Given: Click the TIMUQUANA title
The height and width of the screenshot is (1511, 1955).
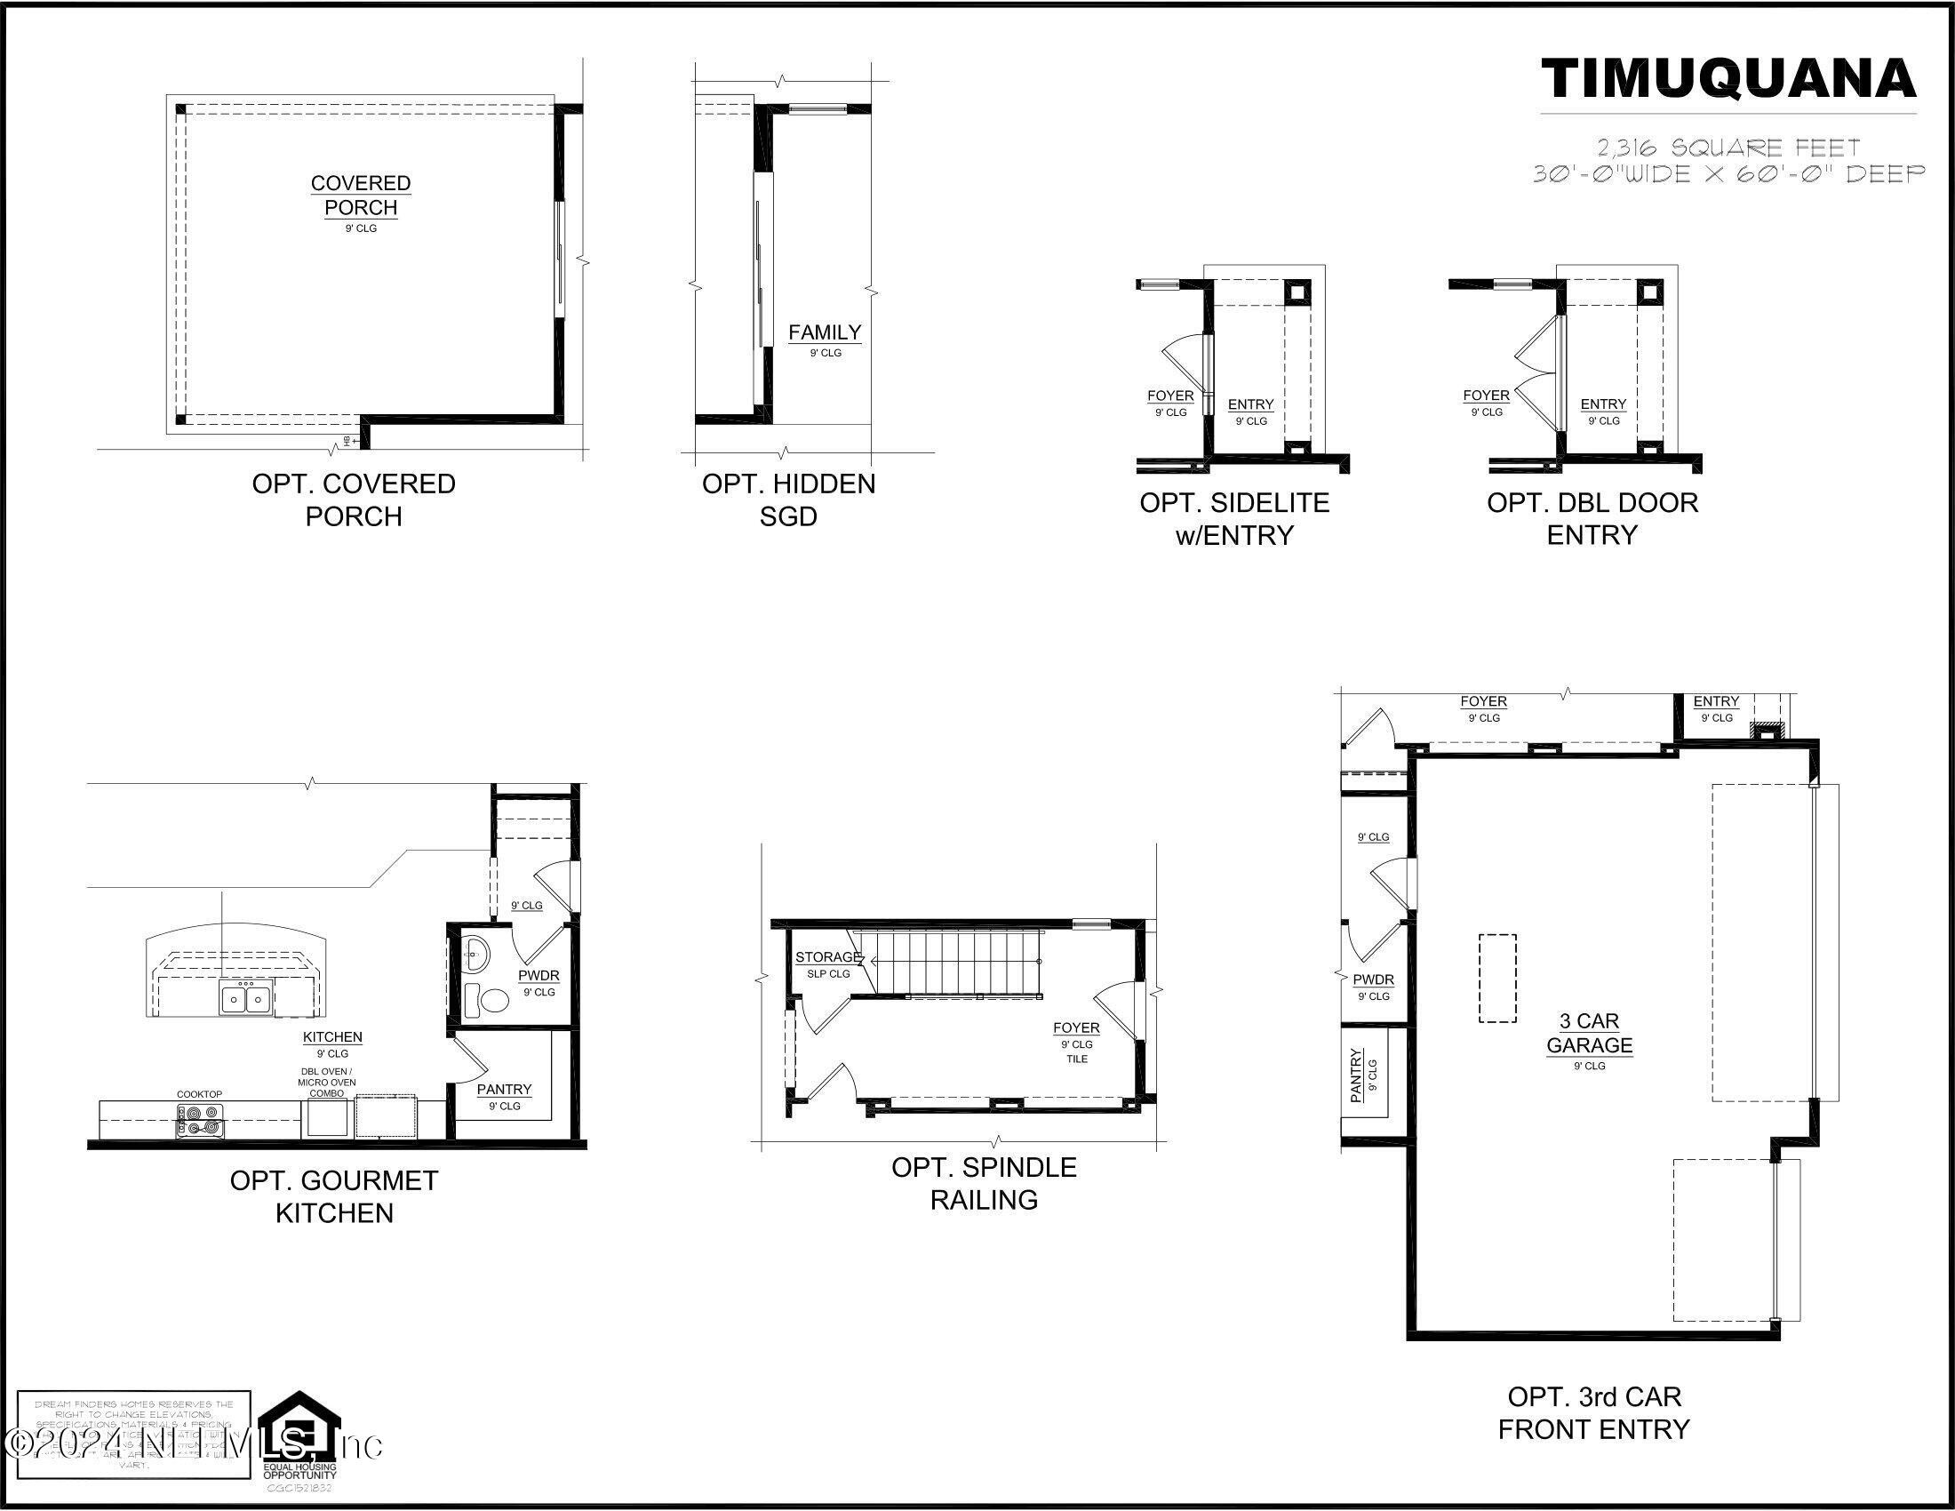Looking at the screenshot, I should click(x=1728, y=79).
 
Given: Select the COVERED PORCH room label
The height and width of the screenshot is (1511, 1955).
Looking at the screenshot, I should click(x=361, y=196).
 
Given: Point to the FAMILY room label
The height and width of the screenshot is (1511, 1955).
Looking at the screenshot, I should click(x=825, y=332).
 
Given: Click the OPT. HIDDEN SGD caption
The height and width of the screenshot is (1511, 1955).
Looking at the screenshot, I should click(x=788, y=500).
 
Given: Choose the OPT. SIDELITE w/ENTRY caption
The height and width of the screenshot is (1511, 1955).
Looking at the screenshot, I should click(x=1234, y=518).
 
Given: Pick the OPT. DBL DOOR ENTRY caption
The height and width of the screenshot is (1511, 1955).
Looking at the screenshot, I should click(x=1592, y=518).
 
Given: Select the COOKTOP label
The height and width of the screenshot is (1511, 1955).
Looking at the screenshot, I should click(x=199, y=1094).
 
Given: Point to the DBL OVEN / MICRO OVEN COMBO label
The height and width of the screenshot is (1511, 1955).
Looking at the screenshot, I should click(x=327, y=1083).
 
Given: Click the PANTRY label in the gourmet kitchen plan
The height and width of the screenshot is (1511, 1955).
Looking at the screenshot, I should click(x=504, y=1090).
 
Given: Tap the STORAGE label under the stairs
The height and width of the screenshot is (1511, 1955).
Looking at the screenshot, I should click(x=827, y=957).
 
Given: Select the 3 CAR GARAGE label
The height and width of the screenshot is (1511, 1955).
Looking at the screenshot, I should click(x=1590, y=1033).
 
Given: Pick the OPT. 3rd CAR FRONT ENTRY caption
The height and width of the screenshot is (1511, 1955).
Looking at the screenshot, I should click(x=1593, y=1412).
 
